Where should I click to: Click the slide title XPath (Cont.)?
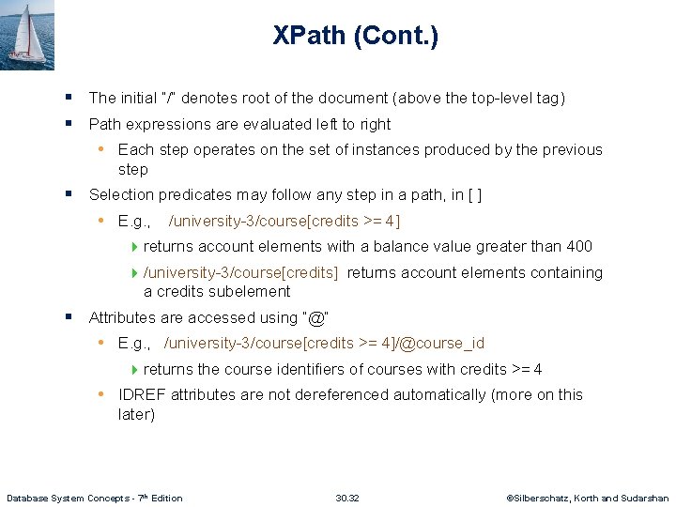[355, 37]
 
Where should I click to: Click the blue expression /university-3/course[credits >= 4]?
[284, 222]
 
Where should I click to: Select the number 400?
[579, 247]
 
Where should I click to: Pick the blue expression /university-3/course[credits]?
[240, 273]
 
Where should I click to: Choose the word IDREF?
[141, 395]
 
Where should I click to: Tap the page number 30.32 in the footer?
[347, 498]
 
